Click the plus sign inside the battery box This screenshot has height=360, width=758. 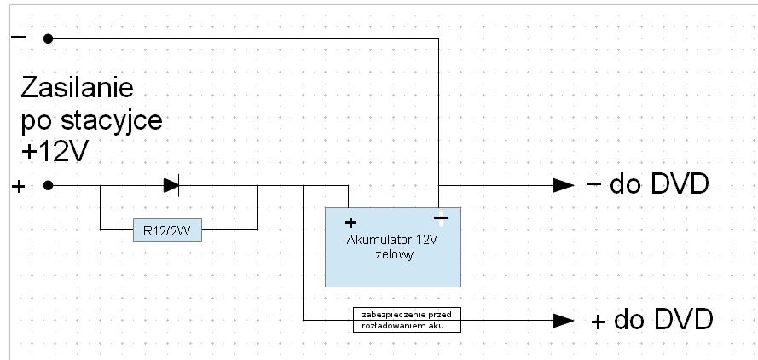pyautogui.click(x=350, y=223)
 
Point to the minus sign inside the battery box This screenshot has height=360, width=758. pyautogui.click(x=440, y=218)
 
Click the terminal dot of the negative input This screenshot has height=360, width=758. pyautogui.click(x=49, y=38)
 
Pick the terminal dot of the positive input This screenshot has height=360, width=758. pyautogui.click(x=49, y=184)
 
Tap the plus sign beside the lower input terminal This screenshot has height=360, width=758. pyautogui.click(x=18, y=185)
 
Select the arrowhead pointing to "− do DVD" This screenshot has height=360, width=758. pyautogui.click(x=564, y=184)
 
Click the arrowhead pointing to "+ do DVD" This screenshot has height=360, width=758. pyautogui.click(x=564, y=321)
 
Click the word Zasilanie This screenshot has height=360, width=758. pyautogui.click(x=78, y=90)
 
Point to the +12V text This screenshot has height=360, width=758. pyautogui.click(x=56, y=151)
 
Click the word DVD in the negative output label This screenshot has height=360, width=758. pyautogui.click(x=679, y=184)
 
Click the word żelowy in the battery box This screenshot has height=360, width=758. pyautogui.click(x=393, y=253)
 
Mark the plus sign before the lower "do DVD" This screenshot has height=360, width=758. pyautogui.click(x=599, y=322)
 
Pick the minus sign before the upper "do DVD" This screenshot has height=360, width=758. pyautogui.click(x=594, y=184)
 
